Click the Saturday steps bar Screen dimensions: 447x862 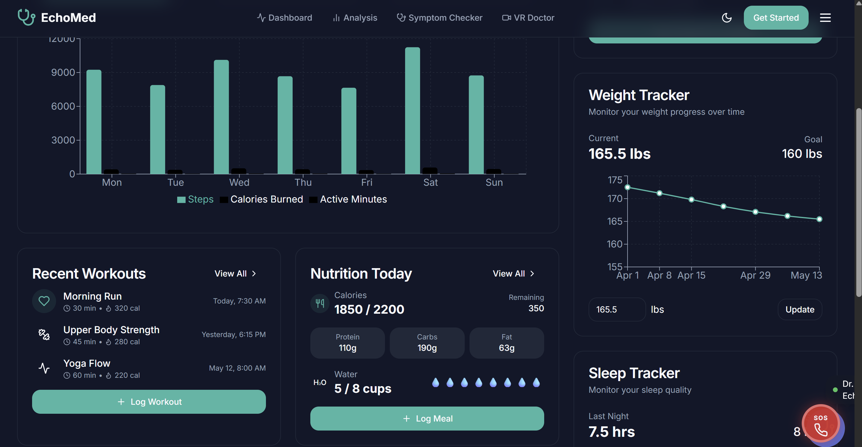pos(412,110)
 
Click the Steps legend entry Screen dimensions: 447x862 pos(195,199)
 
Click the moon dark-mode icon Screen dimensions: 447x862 pos(726,18)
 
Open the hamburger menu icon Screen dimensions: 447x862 pos(825,18)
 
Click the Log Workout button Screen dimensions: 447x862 pos(149,401)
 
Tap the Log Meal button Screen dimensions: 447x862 pos(427,418)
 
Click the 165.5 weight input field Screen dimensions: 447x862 pos(617,309)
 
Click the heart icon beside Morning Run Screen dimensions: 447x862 pos(44,301)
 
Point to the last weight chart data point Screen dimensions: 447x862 pos(819,219)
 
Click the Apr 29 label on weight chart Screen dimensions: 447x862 pos(755,275)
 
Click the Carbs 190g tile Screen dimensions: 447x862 pos(427,343)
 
